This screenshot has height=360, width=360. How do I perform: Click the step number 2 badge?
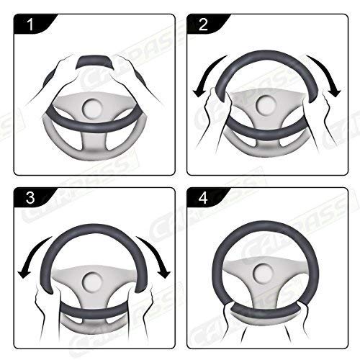(x=203, y=26)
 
